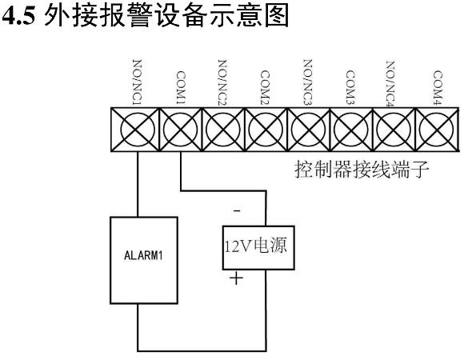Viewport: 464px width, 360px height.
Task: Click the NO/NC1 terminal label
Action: pos(137,82)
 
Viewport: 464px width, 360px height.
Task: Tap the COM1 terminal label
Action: pos(181,87)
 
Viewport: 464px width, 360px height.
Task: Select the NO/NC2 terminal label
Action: pos(222,82)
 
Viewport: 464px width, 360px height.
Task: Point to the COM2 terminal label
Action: pos(265,87)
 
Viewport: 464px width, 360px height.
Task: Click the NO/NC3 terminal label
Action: pos(308,82)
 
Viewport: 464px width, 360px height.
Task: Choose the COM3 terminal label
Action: pos(350,87)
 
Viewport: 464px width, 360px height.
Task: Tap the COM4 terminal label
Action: pos(438,87)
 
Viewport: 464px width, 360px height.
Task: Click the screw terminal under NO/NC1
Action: pos(138,130)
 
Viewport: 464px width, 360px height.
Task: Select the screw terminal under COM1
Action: pos(181,130)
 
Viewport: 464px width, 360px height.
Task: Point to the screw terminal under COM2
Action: pos(266,130)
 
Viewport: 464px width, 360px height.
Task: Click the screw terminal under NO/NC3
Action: pos(308,130)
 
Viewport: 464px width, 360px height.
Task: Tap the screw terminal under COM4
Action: pos(437,130)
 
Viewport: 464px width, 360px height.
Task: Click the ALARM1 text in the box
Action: pos(143,255)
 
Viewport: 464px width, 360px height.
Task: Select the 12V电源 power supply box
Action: pos(258,247)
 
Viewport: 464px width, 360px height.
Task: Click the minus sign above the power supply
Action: pos(237,210)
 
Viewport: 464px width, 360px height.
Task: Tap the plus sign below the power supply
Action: pos(236,278)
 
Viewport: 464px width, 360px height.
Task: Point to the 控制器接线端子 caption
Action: pos(362,170)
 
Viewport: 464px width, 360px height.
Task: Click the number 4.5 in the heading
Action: pos(18,16)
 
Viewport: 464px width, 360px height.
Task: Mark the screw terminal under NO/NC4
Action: pos(394,130)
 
